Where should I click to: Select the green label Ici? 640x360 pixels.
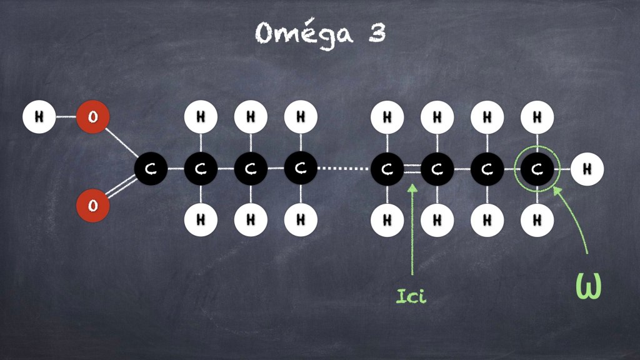pos(411,296)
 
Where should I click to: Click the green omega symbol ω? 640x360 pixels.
pos(588,285)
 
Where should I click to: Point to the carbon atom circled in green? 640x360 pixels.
pos(537,169)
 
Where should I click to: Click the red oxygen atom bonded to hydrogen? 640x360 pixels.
pos(93,117)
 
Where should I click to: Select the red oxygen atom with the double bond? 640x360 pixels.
pos(93,205)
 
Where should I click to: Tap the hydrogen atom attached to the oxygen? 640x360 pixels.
pos(39,117)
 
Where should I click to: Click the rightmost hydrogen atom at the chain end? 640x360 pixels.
pos(587,169)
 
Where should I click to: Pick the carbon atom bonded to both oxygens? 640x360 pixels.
pos(151,169)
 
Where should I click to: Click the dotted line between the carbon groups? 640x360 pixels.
pos(344,168)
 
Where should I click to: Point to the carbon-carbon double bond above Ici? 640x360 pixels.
pos(412,169)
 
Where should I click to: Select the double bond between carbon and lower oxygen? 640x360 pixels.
pos(121,187)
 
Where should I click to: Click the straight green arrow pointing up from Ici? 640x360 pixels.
pos(412,229)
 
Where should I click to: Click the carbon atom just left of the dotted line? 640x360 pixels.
pos(301,169)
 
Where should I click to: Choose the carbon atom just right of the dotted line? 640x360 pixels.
pos(387,169)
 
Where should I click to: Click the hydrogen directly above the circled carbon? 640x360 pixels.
pos(537,117)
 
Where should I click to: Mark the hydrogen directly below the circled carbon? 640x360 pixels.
pos(537,221)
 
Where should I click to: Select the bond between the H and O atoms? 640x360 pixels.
pos(66,117)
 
